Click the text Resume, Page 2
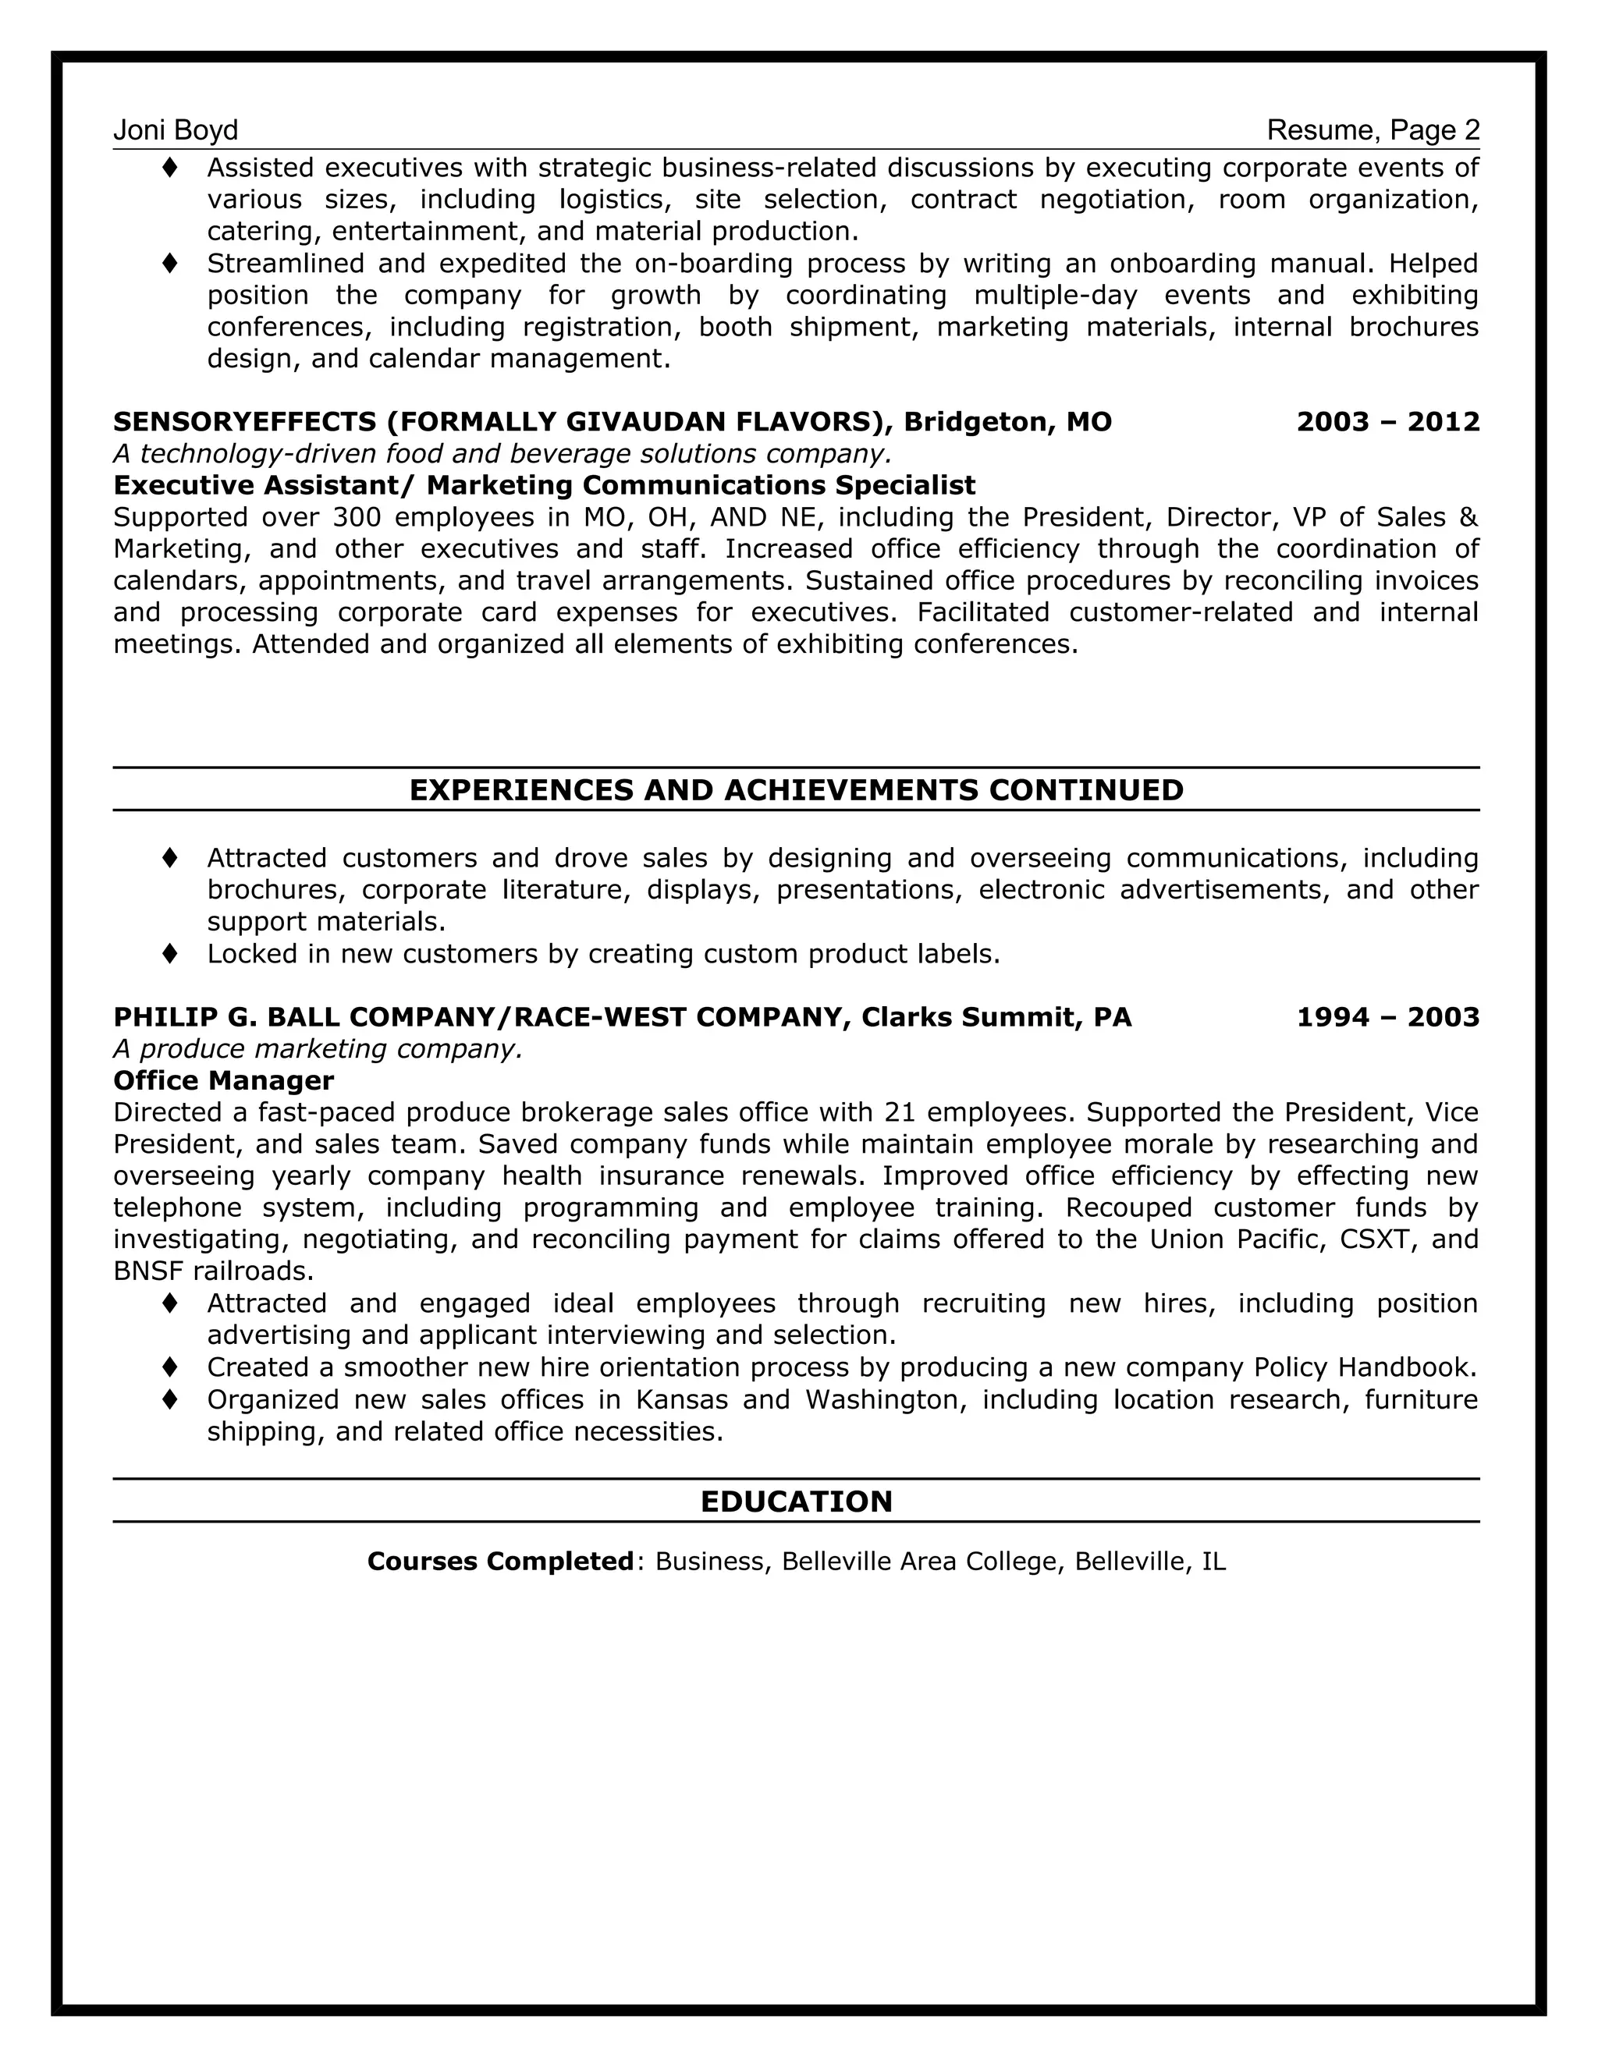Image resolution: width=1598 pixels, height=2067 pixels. pyautogui.click(x=1373, y=129)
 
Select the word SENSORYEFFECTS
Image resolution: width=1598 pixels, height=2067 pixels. pyautogui.click(x=244, y=421)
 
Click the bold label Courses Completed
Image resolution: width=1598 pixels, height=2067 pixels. pyautogui.click(x=500, y=1561)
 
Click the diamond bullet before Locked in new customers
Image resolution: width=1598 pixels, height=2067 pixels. pyautogui.click(x=170, y=953)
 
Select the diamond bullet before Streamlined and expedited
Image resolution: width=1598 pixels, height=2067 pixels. pyautogui.click(x=170, y=263)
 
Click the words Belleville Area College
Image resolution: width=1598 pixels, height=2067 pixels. pyautogui.click(x=918, y=1561)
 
